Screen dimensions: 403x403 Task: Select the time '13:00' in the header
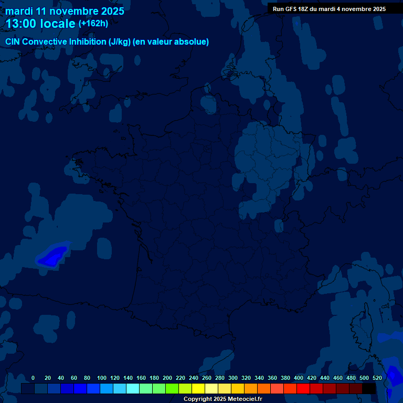point(22,24)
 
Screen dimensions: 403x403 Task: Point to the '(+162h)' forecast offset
point(93,24)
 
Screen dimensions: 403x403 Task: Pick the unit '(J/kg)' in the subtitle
point(120,42)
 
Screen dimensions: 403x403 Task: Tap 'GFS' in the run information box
point(289,9)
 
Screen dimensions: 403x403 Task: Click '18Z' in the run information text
point(304,9)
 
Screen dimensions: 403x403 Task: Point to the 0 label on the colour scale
point(33,378)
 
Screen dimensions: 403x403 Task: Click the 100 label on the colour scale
point(102,378)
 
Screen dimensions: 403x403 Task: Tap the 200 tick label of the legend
point(167,378)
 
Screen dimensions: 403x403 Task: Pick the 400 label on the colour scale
point(299,378)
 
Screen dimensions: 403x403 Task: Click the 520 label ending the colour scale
point(377,378)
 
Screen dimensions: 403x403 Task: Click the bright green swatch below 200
point(172,389)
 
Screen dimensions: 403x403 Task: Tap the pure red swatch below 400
point(303,389)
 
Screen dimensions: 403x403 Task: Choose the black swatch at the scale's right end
point(369,389)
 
